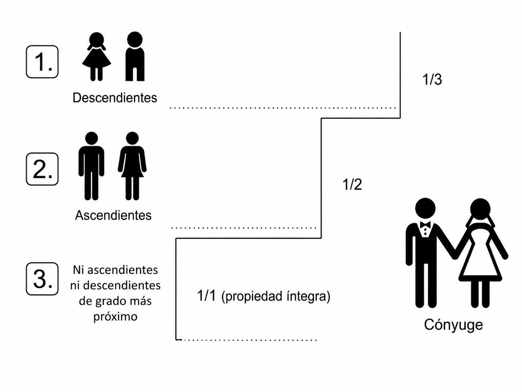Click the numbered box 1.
point(42,62)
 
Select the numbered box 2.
point(42,169)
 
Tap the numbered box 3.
point(42,279)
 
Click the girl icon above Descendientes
point(97,57)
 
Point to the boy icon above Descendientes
point(135,56)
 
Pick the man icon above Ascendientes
point(91,166)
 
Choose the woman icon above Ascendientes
point(132,166)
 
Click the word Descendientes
point(115,97)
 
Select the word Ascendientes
point(113,215)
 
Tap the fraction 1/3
point(432,79)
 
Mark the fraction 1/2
point(352,184)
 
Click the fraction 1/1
point(207,296)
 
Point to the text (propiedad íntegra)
point(276,297)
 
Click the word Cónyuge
point(454,325)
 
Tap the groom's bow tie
point(425,225)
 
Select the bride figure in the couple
point(481,253)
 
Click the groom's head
point(425,208)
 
